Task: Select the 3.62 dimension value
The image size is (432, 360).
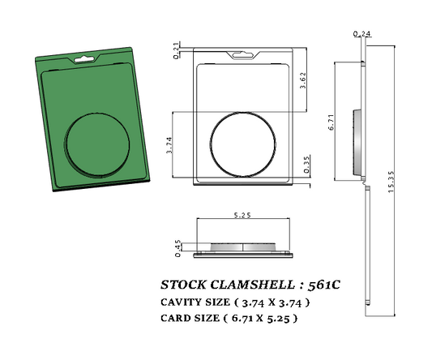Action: point(302,81)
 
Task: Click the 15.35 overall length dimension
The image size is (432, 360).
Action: point(391,195)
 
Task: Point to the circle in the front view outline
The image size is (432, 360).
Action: point(242,143)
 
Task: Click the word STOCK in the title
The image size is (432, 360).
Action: point(183,285)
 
